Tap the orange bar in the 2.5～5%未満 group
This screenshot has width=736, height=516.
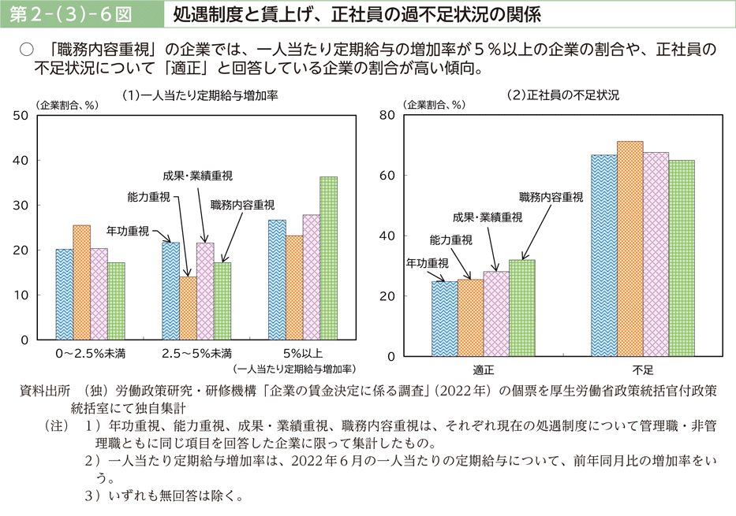click(188, 308)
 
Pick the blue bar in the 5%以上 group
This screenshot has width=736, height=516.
click(277, 280)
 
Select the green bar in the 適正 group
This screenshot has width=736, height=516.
click(521, 308)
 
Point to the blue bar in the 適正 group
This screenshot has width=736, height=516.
click(444, 319)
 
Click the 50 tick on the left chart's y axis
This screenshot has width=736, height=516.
click(21, 115)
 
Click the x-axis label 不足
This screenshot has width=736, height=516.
click(642, 369)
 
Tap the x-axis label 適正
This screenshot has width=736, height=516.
click(483, 369)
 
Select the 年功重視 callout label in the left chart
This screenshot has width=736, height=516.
click(128, 231)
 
